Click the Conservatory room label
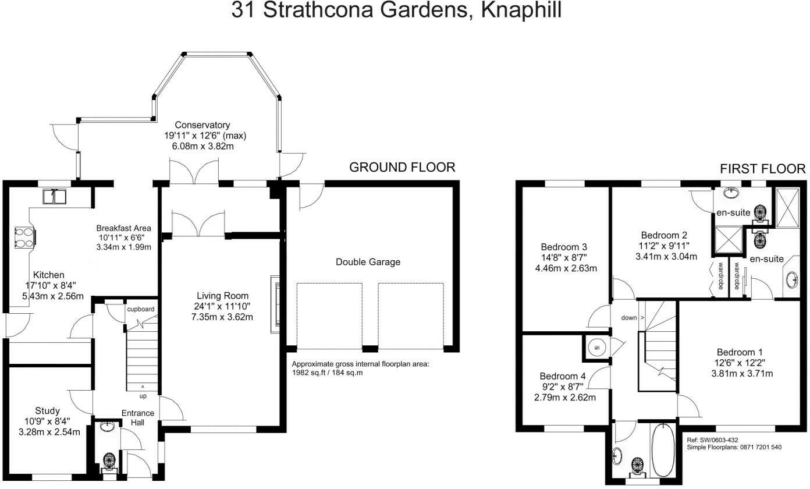(202, 125)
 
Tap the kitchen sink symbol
(55, 196)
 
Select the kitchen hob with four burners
(25, 238)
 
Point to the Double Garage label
(368, 262)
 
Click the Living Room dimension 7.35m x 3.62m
(222, 317)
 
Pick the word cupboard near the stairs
(141, 309)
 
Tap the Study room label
(47, 411)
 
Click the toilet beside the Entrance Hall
(109, 463)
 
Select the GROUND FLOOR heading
(402, 168)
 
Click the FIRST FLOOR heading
(763, 169)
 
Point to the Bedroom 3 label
(564, 247)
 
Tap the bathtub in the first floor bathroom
(663, 450)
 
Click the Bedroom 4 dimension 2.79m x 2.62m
(565, 398)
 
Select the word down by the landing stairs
(629, 318)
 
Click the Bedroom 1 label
(740, 352)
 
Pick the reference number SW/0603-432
(718, 440)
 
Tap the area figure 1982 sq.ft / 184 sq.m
(327, 373)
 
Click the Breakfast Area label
(124, 228)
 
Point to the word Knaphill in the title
(521, 10)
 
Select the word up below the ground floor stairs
(143, 396)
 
